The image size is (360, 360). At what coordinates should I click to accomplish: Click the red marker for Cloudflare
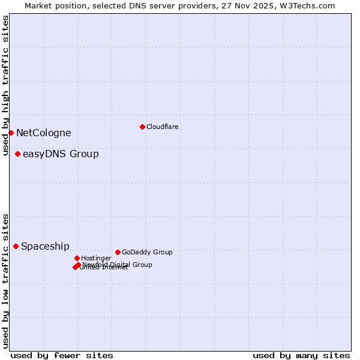(142, 127)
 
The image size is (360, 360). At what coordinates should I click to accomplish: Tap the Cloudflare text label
(163, 127)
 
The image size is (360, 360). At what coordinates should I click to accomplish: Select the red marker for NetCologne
(11, 133)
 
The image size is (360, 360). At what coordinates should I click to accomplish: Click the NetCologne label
(43, 133)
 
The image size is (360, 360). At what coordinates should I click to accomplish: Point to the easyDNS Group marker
(17, 154)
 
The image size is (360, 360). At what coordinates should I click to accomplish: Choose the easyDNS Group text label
(61, 154)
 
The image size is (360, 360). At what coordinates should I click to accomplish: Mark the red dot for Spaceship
(16, 246)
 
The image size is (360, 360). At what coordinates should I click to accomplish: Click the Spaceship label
(45, 247)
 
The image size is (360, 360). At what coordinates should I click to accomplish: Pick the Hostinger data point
(77, 258)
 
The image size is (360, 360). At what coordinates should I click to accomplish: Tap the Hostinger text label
(96, 258)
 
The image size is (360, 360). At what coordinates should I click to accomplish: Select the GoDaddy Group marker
(118, 252)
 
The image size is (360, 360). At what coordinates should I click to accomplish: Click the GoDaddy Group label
(147, 252)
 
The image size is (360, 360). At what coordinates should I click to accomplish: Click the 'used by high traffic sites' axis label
(6, 85)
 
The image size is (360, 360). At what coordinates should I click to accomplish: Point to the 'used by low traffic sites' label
(6, 280)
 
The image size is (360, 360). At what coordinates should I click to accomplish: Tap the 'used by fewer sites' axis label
(62, 355)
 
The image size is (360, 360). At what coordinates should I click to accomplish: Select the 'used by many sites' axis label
(301, 355)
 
